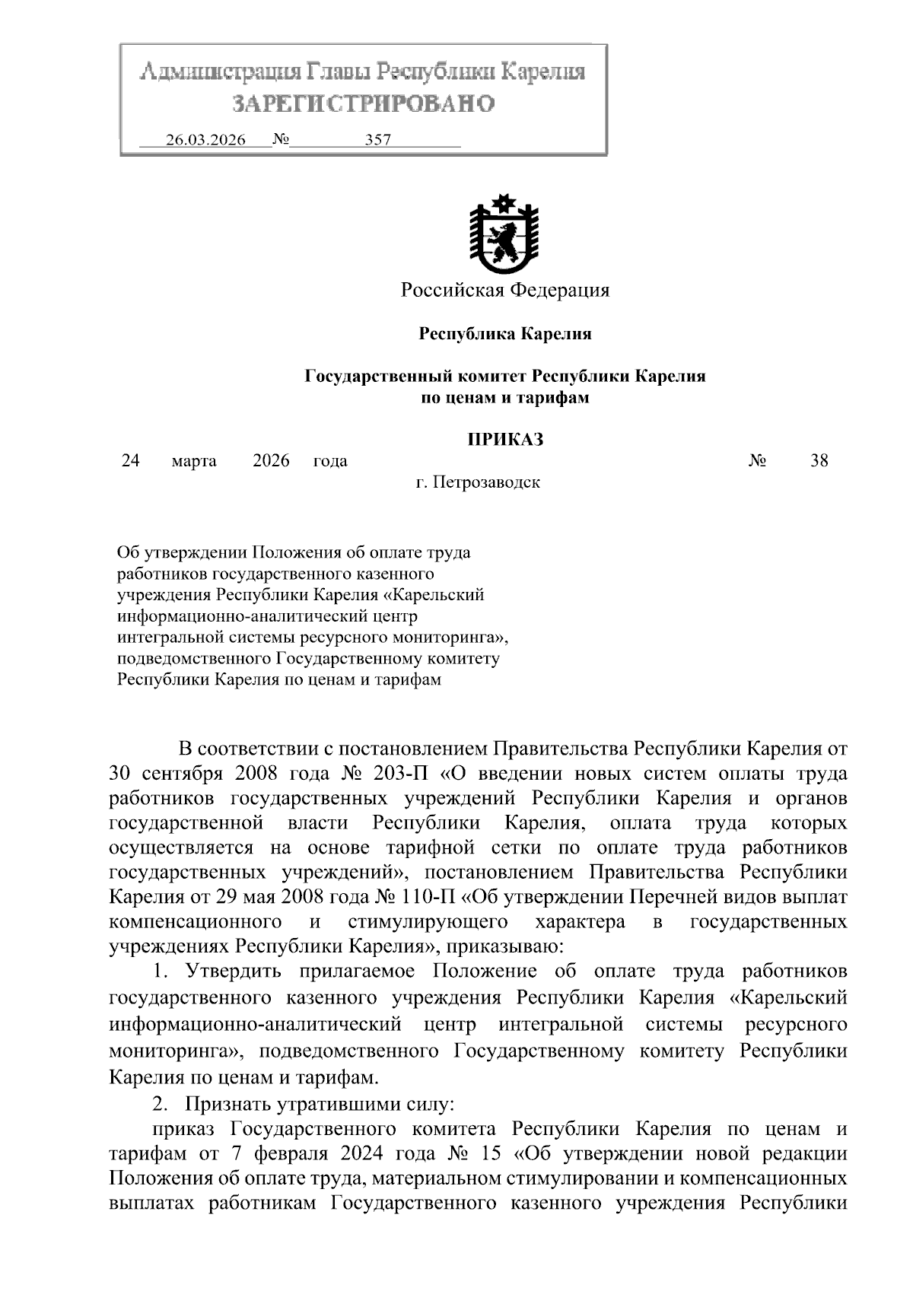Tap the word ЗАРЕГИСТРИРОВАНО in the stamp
[x=363, y=103]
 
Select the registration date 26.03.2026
[x=205, y=141]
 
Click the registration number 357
[x=378, y=141]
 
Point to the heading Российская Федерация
[x=505, y=290]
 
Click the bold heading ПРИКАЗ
[x=505, y=439]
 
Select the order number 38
[x=819, y=461]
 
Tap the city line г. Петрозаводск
[x=478, y=482]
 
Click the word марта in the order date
[x=194, y=461]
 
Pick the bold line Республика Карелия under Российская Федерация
[x=505, y=333]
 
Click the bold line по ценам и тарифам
[x=505, y=397]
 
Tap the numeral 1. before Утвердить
[x=159, y=971]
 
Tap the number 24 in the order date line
[x=130, y=461]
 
